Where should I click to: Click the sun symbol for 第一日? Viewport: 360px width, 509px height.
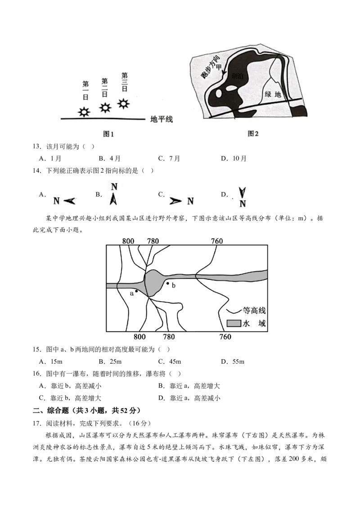[84, 112]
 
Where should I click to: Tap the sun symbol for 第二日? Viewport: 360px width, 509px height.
[105, 107]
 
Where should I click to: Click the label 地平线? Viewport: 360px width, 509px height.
[162, 119]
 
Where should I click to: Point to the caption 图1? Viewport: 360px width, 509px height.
[109, 134]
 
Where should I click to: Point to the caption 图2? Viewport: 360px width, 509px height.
[253, 134]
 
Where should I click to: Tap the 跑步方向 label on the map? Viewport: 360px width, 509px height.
[210, 67]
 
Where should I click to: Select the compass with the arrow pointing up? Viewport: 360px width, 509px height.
[115, 193]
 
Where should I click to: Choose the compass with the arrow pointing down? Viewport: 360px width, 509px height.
[242, 194]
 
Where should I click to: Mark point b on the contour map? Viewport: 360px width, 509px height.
[168, 283]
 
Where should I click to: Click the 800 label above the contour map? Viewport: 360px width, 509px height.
[128, 241]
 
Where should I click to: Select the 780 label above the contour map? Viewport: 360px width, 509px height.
[153, 241]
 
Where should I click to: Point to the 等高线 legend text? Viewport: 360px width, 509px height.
[254, 310]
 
